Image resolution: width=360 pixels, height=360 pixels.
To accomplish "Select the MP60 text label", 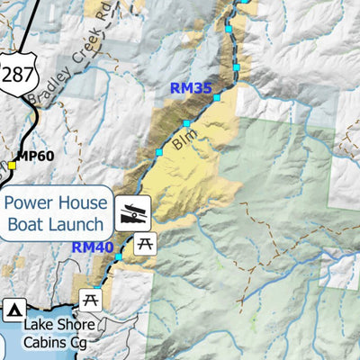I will (35, 156).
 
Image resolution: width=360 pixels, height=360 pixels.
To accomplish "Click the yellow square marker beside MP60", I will (13, 166).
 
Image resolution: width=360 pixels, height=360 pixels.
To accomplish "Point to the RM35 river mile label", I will (190, 89).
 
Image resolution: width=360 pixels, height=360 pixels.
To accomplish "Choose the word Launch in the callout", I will (79, 225).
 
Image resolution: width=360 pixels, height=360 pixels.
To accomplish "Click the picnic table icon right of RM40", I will (145, 242).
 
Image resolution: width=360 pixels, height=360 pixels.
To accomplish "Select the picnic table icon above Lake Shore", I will (89, 299).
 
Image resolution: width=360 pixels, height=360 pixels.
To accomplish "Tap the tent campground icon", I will (13, 310).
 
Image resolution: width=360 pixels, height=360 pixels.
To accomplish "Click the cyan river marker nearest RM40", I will (117, 257).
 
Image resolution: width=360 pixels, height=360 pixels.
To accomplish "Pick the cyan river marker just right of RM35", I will (216, 96).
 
